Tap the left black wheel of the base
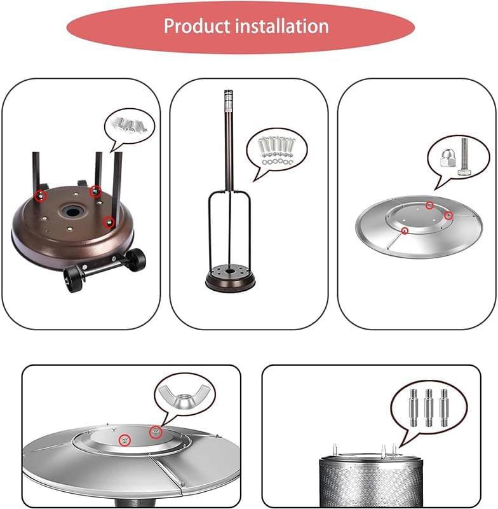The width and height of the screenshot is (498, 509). pos(74,279)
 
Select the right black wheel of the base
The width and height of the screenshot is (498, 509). pos(135,259)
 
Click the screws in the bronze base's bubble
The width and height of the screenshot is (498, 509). pos(130,121)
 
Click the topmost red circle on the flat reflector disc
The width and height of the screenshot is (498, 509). pos(429,206)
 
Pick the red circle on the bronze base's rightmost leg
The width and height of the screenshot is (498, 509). pos(110,222)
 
